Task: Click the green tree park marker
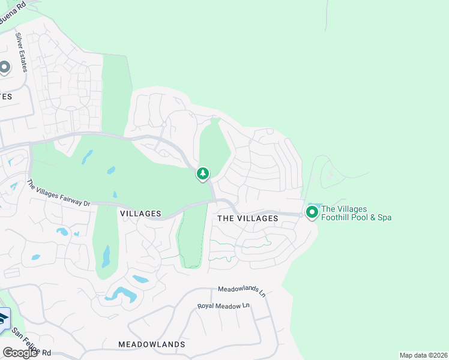pyautogui.click(x=203, y=174)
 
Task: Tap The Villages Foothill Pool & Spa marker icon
pyautogui.click(x=312, y=212)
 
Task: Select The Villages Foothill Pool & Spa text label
pyautogui.click(x=357, y=213)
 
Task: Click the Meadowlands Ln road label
pyautogui.click(x=241, y=291)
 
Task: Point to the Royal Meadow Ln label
pyautogui.click(x=223, y=306)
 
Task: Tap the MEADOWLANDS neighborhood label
pyautogui.click(x=151, y=344)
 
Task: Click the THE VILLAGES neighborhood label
pyautogui.click(x=247, y=218)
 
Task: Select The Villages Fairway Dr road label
pyautogui.click(x=58, y=193)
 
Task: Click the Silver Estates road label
pyautogui.click(x=22, y=52)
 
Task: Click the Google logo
pyautogui.click(x=19, y=353)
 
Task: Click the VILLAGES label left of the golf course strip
pyautogui.click(x=140, y=214)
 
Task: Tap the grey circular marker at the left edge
pyautogui.click(x=4, y=67)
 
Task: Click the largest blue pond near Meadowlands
pyautogui.click(x=120, y=293)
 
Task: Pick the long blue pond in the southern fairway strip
pyautogui.click(x=106, y=256)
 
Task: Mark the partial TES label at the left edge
pyautogui.click(x=6, y=96)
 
